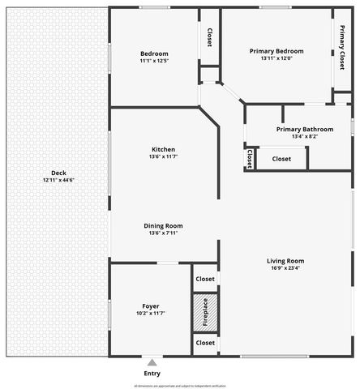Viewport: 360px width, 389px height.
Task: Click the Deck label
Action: pos(58,172)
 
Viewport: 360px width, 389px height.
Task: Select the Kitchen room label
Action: pos(163,149)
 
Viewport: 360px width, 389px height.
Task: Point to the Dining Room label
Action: pos(163,225)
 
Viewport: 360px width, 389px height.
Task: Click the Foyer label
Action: pos(150,306)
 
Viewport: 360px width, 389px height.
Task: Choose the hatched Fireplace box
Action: pos(205,311)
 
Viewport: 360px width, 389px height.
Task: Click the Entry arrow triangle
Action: pos(152,361)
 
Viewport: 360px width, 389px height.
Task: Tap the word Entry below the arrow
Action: pos(152,373)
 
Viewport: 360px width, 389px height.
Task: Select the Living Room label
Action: pos(285,260)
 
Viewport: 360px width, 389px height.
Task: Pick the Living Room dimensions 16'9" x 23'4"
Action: pos(285,268)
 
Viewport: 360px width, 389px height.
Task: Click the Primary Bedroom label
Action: pos(276,51)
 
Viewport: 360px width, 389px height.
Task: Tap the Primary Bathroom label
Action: pos(304,129)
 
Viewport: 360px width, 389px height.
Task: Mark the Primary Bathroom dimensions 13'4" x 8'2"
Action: pos(304,136)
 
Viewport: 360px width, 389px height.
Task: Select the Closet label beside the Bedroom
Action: pos(209,37)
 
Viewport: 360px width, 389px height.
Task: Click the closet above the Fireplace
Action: pos(205,279)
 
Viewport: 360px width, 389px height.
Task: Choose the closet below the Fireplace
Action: pos(205,343)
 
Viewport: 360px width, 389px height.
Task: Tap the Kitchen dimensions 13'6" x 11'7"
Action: pos(163,156)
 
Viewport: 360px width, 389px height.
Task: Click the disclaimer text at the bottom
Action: pos(180,386)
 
